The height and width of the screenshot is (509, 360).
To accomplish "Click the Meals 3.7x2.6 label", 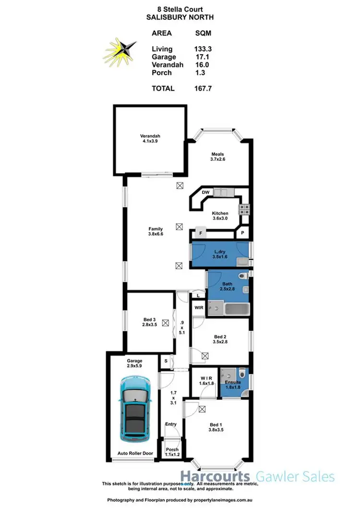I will coord(217,157).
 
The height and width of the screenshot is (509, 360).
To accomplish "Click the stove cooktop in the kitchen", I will coord(245,209).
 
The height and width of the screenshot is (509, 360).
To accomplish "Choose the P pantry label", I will coord(242,234).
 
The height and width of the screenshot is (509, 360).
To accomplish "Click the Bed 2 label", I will coord(220,339).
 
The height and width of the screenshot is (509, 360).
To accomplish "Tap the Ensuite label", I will coord(233,383).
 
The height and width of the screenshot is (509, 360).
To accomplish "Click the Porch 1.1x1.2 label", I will coord(171,452).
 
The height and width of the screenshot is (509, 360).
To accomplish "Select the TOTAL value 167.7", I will coord(204,88).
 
